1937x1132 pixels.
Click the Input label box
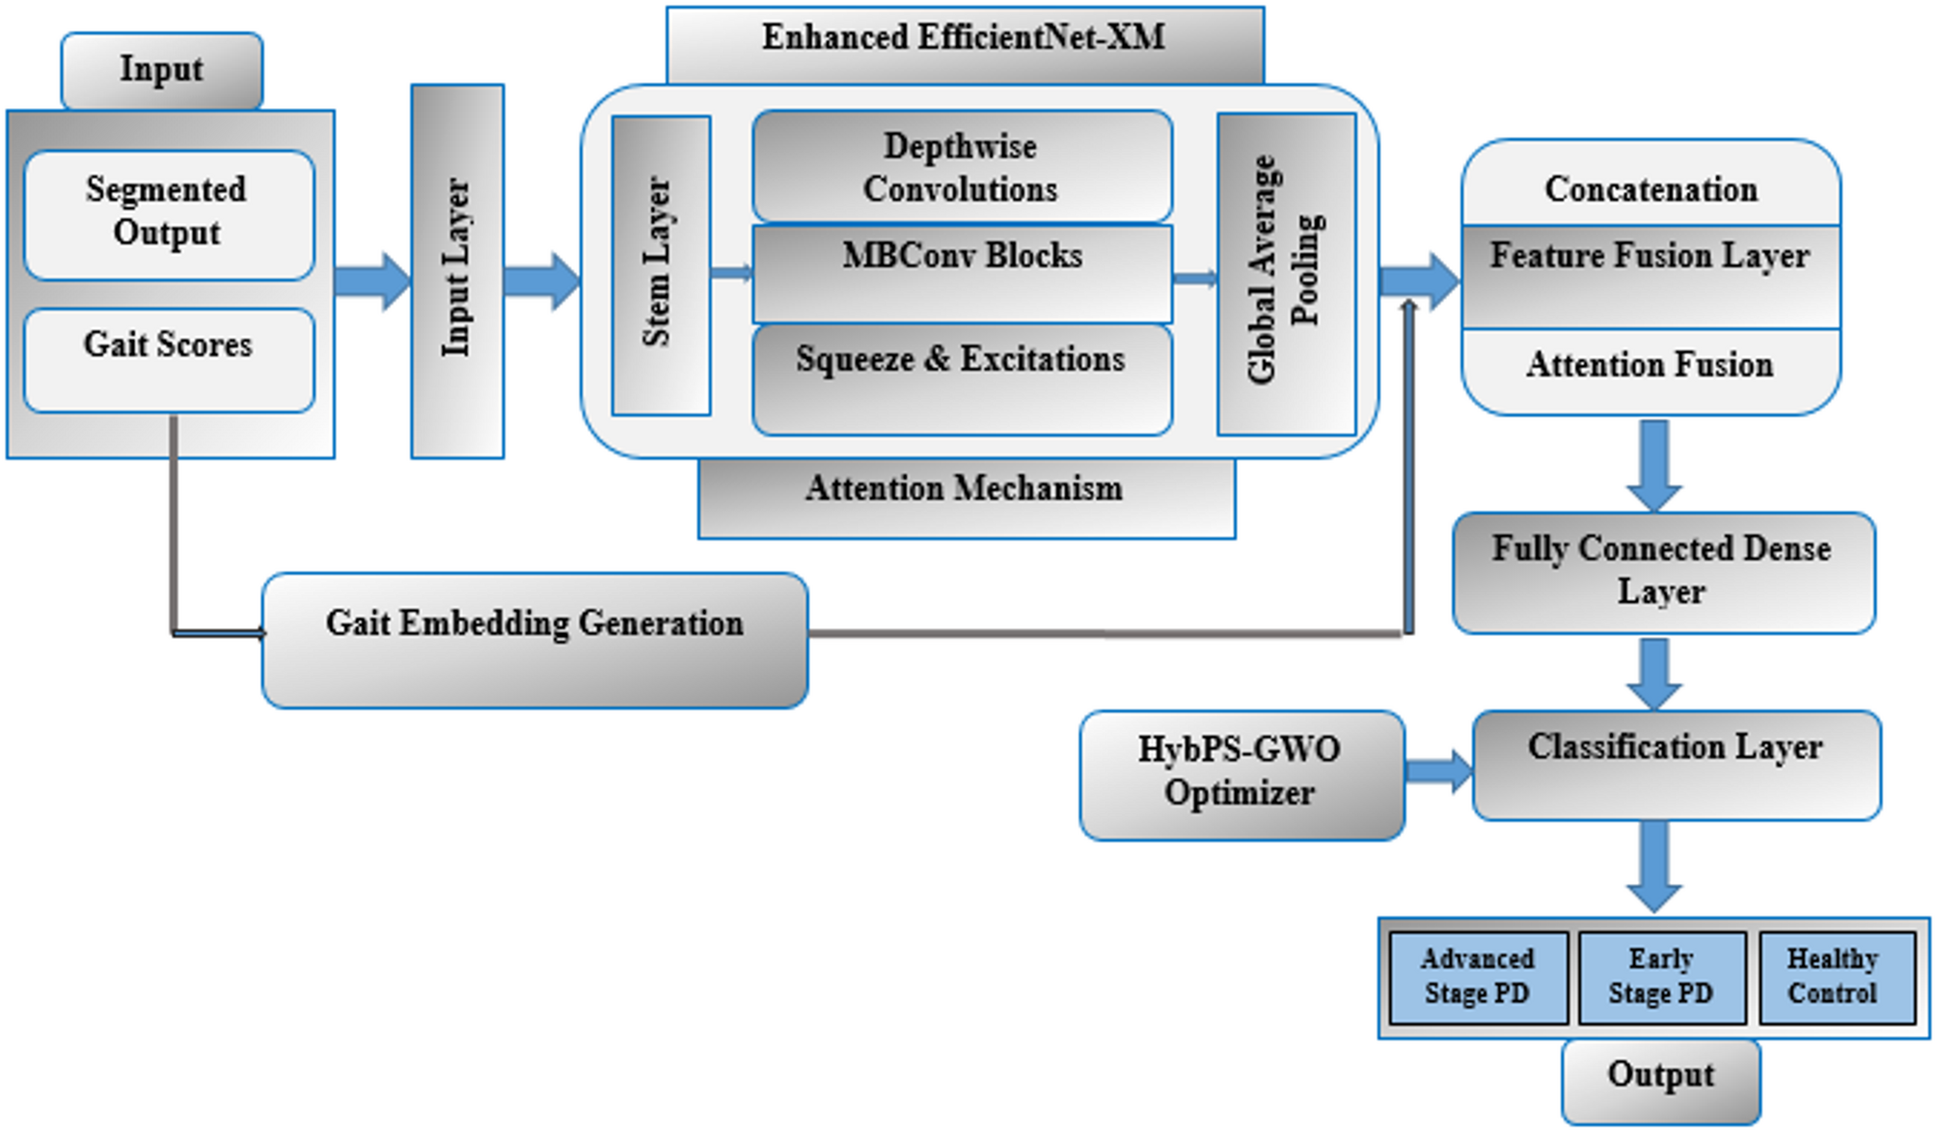161,70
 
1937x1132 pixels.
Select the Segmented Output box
168,214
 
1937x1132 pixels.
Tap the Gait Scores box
168,359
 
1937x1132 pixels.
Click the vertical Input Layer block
456,270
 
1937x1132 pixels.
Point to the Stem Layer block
660,264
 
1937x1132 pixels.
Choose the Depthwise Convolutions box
961,167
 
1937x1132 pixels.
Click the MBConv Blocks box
961,274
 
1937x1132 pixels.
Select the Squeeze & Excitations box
961,378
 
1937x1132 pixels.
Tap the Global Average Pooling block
1285,273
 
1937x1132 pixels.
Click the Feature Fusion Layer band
1650,276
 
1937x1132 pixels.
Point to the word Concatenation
1651,189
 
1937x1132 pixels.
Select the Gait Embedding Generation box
534,639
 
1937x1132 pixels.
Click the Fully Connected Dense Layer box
1662,571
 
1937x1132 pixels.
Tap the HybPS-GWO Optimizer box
1241,774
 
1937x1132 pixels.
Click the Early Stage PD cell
1660,977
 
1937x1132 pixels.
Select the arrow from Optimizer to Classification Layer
1438,770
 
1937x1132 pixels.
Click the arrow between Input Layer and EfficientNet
541,281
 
